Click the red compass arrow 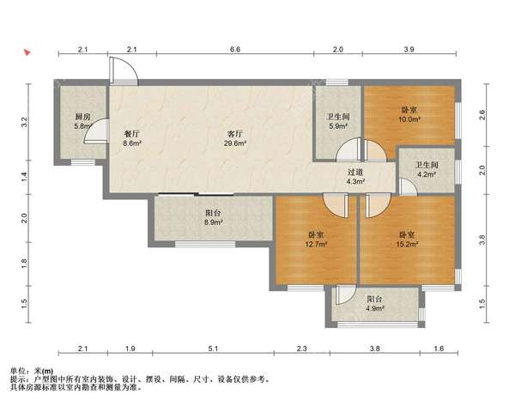(27, 52)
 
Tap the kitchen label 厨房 (82, 117)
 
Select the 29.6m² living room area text (235, 143)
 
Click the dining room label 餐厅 (131, 134)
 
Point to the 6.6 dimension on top (235, 49)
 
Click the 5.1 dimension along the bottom (213, 349)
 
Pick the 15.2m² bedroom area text (407, 244)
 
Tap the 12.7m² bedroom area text (316, 244)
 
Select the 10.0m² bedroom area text (409, 119)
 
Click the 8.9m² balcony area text (214, 222)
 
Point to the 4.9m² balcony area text (375, 308)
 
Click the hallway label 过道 (355, 172)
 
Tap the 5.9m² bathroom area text (338, 126)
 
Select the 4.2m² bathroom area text (427, 174)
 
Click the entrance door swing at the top (124, 70)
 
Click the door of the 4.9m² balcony (345, 295)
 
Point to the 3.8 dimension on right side (482, 240)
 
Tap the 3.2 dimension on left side (24, 122)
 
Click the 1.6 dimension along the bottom (439, 349)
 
